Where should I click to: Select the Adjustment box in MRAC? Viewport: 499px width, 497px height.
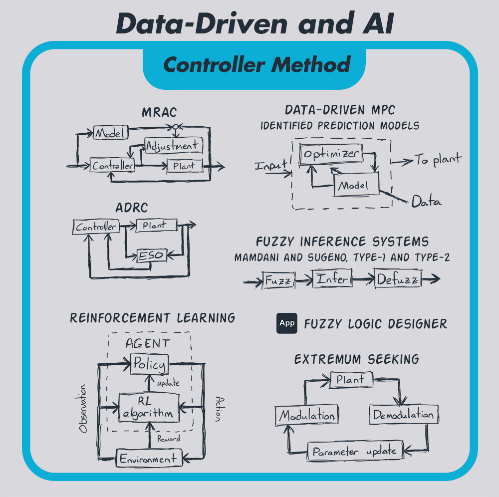click(x=173, y=145)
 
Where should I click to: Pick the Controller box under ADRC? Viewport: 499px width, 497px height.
click(x=96, y=227)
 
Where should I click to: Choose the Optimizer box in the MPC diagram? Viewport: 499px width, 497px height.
click(x=330, y=154)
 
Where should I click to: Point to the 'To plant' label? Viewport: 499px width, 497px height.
click(x=438, y=160)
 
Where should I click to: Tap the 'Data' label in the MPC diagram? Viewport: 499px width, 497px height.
click(x=426, y=202)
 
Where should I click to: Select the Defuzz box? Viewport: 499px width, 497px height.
click(x=398, y=279)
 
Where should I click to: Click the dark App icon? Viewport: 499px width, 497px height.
click(x=287, y=323)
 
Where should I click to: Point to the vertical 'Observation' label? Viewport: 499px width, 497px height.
click(x=84, y=409)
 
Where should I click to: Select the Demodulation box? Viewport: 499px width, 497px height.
click(x=403, y=415)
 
